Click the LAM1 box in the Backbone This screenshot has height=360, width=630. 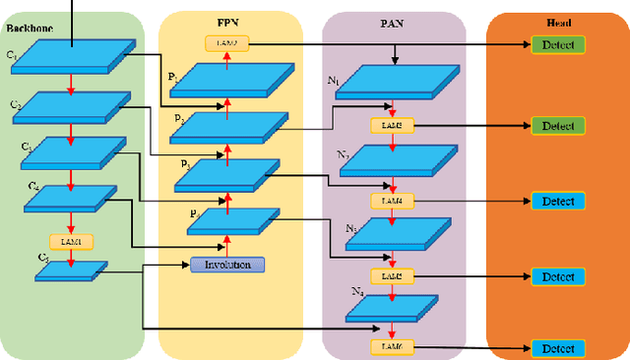(x=70, y=241)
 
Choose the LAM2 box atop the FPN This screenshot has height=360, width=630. (x=227, y=43)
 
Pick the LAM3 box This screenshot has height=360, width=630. (x=392, y=126)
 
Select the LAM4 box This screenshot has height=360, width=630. (x=392, y=201)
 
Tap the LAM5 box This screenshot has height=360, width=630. (x=392, y=275)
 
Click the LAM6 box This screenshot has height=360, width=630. (x=392, y=347)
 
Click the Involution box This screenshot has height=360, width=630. (x=227, y=265)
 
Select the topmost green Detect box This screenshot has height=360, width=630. (x=557, y=44)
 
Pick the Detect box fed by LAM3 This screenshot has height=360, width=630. (x=557, y=126)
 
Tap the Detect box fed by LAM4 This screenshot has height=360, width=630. (x=557, y=201)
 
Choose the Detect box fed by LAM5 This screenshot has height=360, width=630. (x=557, y=276)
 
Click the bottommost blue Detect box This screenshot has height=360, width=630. (x=557, y=348)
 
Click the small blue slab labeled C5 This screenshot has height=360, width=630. (x=72, y=269)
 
